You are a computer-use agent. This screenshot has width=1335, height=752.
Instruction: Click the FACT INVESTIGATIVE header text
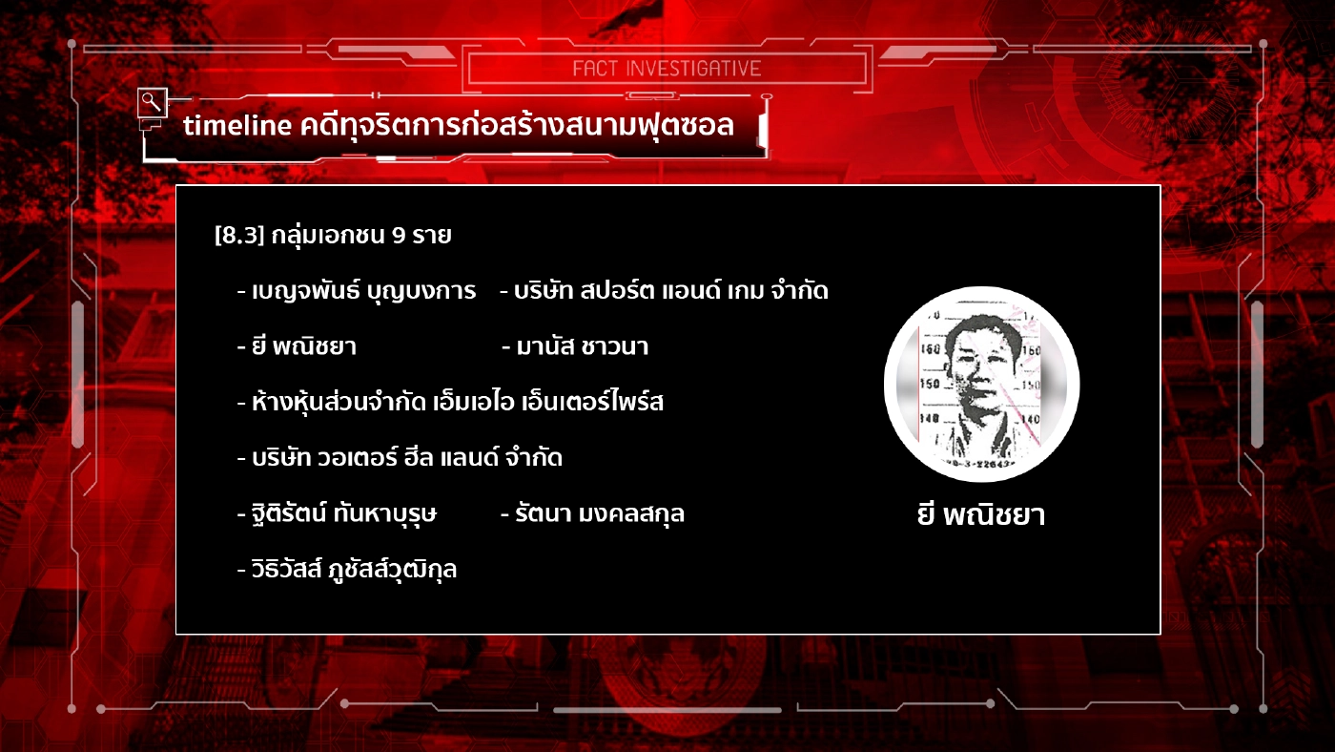tap(667, 69)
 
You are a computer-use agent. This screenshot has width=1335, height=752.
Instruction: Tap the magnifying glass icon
tap(150, 100)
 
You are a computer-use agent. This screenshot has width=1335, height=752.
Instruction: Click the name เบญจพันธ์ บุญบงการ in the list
tap(363, 292)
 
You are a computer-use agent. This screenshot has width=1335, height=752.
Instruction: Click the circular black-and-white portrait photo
tap(981, 384)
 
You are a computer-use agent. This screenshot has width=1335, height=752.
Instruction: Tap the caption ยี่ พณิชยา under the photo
tap(980, 516)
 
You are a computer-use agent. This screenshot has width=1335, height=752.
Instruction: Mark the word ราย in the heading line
tap(431, 236)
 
